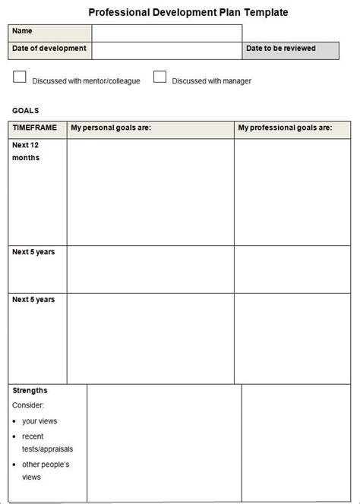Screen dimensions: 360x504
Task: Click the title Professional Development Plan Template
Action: coord(188,12)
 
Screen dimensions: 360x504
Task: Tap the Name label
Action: coord(23,31)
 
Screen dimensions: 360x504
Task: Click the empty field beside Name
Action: coord(166,33)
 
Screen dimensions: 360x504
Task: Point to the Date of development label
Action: coord(49,49)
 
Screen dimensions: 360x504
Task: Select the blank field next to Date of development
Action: coord(166,50)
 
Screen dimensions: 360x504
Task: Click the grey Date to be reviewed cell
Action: coord(290,50)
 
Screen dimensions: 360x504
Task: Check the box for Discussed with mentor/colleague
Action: coord(20,77)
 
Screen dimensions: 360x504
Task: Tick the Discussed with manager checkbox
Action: coord(159,77)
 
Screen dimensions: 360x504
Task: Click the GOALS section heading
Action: coord(26,110)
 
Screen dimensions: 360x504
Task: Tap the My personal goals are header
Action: coord(111,128)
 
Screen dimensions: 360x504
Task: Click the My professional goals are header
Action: coord(285,128)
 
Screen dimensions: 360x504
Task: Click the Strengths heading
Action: coord(30,390)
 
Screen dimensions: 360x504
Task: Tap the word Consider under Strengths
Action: coord(28,405)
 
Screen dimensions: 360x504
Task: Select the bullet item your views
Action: coord(39,421)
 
